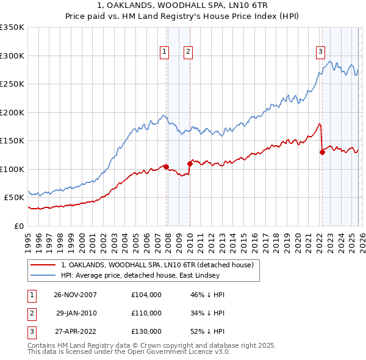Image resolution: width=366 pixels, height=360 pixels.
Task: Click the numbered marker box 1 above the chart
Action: click(x=165, y=52)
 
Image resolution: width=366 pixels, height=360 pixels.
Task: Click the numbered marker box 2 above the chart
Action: click(x=188, y=52)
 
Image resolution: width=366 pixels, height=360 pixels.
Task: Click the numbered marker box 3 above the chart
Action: click(x=320, y=52)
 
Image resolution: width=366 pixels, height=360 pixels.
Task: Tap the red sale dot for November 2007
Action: click(x=166, y=167)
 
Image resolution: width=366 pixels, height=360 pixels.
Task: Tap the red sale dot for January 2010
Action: click(x=190, y=163)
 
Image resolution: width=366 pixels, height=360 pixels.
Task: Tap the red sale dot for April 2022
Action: click(x=321, y=153)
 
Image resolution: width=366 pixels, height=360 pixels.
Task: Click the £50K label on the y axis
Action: click(x=15, y=197)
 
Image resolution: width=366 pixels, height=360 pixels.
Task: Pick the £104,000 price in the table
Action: click(x=146, y=295)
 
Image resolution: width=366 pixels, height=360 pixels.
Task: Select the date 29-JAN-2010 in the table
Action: click(x=76, y=313)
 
